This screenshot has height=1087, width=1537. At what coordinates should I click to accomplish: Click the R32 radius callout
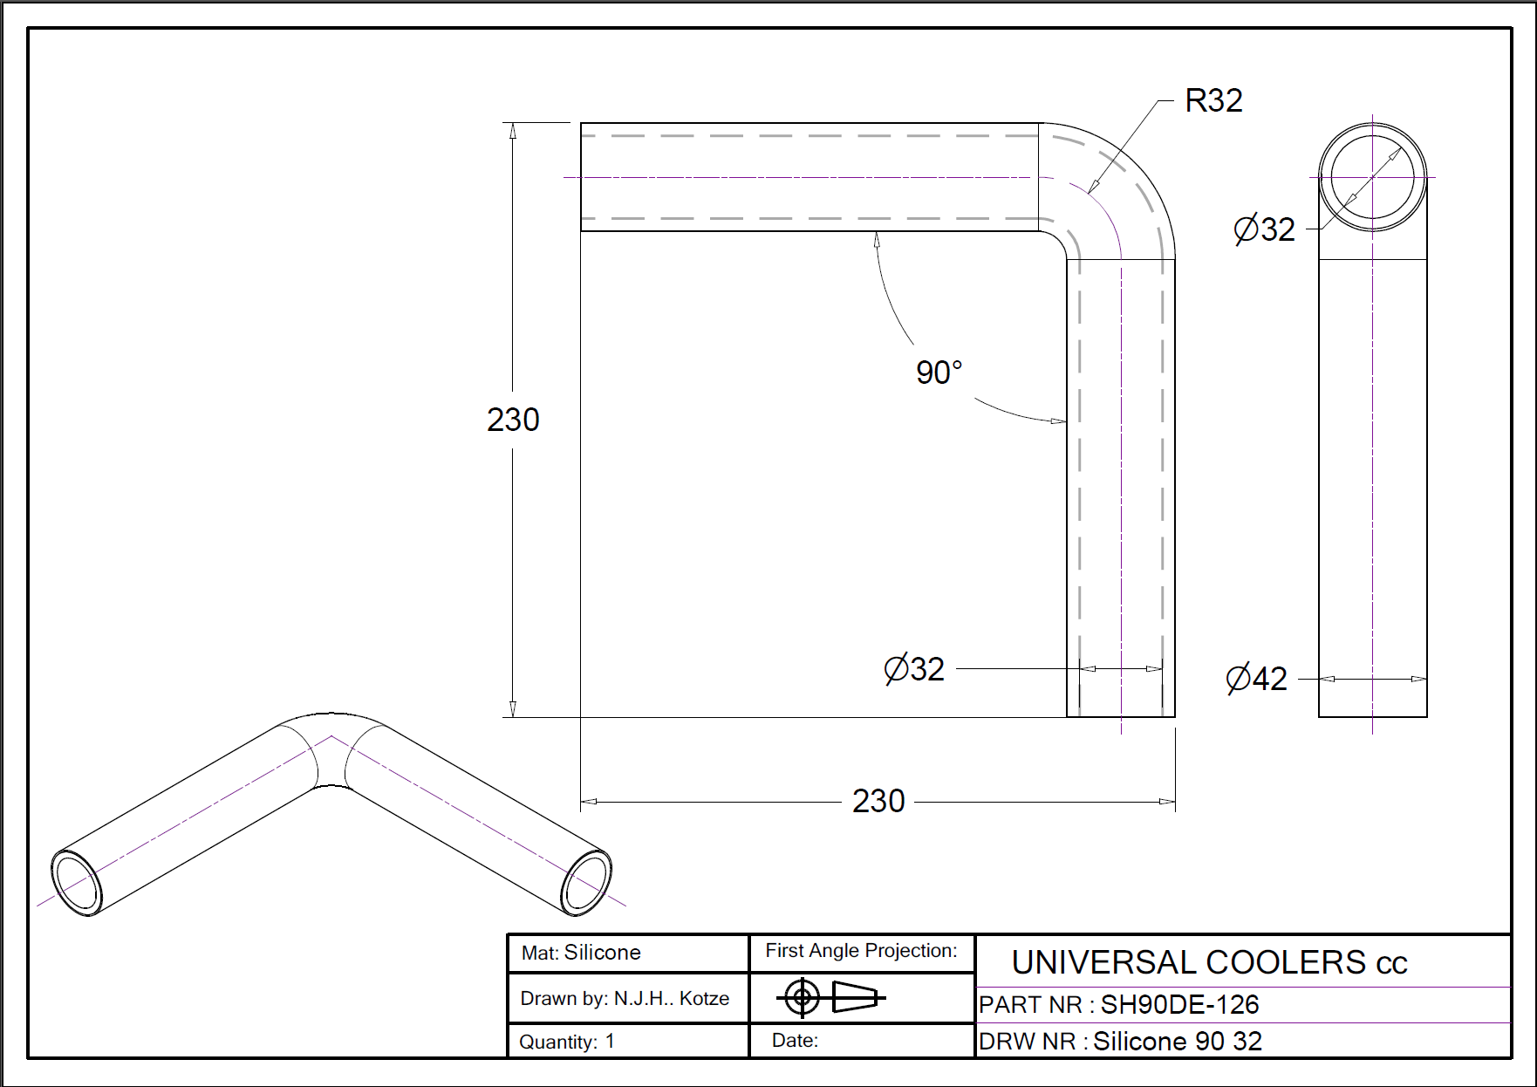[1213, 101]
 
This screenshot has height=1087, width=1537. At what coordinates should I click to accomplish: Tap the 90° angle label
[939, 373]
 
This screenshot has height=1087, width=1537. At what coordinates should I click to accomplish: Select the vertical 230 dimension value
[513, 420]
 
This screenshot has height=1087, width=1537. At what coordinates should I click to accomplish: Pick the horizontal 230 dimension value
[878, 801]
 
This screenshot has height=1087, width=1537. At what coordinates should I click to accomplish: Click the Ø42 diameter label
[1256, 679]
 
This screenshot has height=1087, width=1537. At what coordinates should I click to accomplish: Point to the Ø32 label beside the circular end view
[1264, 229]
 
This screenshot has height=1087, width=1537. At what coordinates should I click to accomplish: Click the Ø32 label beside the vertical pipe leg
[914, 669]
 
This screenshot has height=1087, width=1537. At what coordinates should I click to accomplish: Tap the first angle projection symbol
[830, 997]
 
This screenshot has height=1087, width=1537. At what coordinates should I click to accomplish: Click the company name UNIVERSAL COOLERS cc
[1209, 962]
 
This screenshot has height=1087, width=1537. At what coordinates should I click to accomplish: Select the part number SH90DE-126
[1179, 1005]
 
